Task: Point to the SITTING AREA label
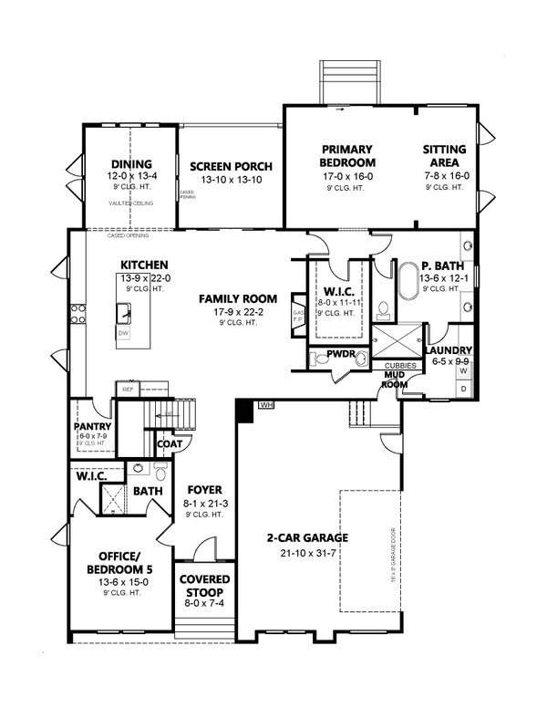point(444,155)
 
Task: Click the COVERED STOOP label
point(203,586)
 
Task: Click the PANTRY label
point(93,426)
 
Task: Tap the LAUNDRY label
point(449,350)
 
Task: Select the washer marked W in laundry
point(463,371)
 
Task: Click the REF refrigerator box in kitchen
point(126,390)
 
